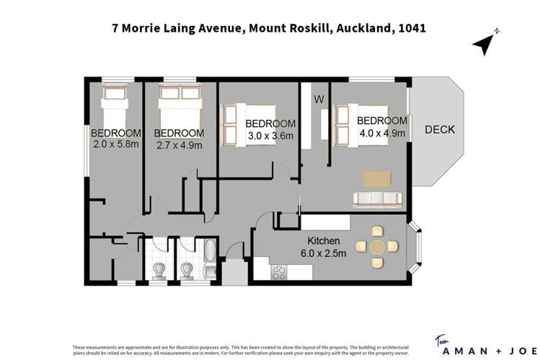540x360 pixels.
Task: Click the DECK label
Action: pyautogui.click(x=439, y=130)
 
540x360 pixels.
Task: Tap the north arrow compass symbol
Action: pyautogui.click(x=484, y=43)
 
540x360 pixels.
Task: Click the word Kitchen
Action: pyautogui.click(x=323, y=240)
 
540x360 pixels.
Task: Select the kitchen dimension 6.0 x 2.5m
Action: pyautogui.click(x=323, y=253)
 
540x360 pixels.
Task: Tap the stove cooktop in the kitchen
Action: pyautogui.click(x=278, y=273)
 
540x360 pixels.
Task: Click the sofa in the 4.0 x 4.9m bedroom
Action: pyautogui.click(x=377, y=198)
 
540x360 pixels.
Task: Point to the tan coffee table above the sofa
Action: pyautogui.click(x=379, y=177)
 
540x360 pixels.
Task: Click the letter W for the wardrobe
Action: pyautogui.click(x=318, y=98)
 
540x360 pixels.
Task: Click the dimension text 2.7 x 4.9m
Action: pyautogui.click(x=179, y=145)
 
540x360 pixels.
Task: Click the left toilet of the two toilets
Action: pyautogui.click(x=160, y=270)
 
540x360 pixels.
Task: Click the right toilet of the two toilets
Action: pyautogui.click(x=187, y=270)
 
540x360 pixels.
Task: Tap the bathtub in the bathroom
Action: pyautogui.click(x=208, y=262)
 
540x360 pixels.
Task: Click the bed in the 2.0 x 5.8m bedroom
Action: pyautogui.click(x=115, y=108)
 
